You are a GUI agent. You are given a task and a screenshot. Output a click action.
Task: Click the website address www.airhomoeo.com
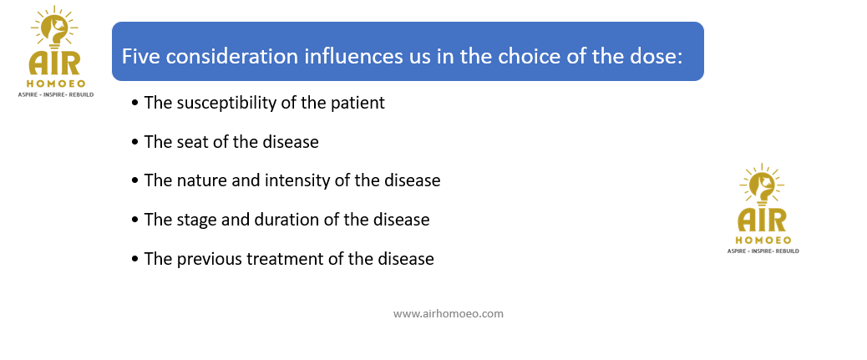449,313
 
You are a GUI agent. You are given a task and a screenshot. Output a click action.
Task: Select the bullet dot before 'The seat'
135,143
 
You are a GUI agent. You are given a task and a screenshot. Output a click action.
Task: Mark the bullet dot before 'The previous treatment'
135,260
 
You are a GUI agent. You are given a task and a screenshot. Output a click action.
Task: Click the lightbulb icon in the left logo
54,28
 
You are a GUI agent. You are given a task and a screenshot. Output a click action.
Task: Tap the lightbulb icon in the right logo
762,185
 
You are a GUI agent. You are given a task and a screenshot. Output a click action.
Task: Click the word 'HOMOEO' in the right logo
763,241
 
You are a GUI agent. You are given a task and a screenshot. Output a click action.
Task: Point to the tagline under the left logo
56,94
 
